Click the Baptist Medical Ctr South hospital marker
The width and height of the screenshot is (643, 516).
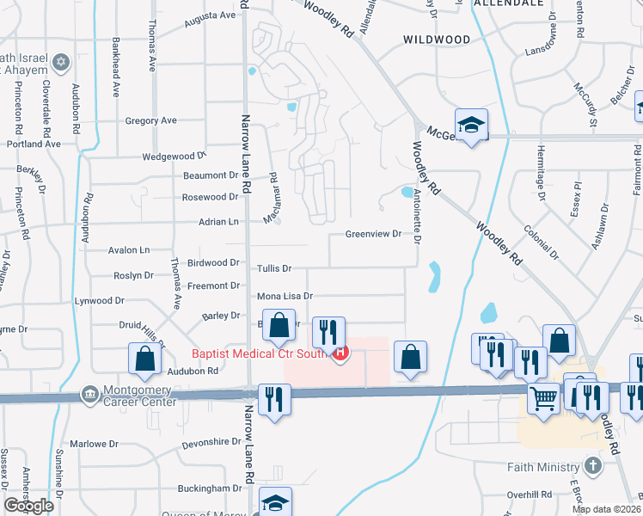(x=341, y=353)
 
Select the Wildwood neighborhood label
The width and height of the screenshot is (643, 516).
(x=438, y=40)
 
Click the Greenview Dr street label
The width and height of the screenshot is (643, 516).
(x=373, y=234)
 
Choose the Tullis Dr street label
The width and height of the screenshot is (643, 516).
(x=275, y=269)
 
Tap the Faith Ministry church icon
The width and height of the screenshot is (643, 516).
(x=591, y=467)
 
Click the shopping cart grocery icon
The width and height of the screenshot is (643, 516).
(x=542, y=398)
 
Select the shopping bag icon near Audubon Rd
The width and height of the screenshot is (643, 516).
(x=144, y=359)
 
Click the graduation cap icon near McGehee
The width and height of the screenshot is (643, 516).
(x=471, y=126)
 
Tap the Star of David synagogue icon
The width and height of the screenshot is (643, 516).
(x=61, y=62)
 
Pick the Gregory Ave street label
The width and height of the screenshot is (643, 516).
(x=150, y=121)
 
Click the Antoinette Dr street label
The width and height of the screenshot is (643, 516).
(x=417, y=216)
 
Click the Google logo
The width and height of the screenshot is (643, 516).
(x=28, y=506)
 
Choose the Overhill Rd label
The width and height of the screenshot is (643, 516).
(x=529, y=494)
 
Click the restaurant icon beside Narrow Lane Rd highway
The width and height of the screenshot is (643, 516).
(x=274, y=399)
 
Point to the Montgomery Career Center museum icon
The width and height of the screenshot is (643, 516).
(x=88, y=394)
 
